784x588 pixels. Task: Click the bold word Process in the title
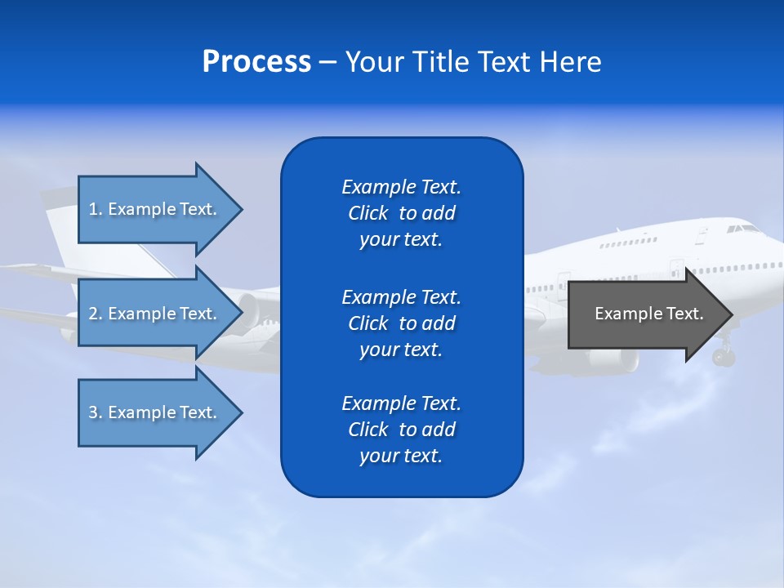tap(256, 62)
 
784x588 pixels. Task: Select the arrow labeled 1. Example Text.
tap(155, 209)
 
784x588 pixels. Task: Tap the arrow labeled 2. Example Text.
tap(155, 314)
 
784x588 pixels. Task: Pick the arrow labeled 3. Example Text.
tap(155, 412)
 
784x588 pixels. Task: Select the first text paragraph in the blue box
tap(401, 213)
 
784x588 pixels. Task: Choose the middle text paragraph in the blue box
tap(401, 323)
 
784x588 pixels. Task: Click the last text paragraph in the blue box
tap(401, 430)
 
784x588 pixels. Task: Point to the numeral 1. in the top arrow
tap(95, 209)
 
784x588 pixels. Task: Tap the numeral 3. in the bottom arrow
tap(95, 412)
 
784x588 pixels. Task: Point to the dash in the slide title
tap(327, 63)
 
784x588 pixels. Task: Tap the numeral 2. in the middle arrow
tap(95, 314)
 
